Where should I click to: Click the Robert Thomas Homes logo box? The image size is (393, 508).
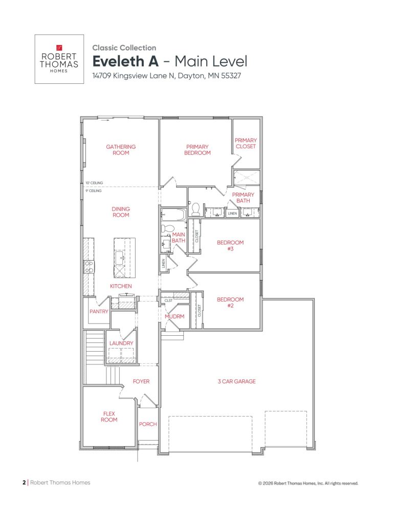click(59, 59)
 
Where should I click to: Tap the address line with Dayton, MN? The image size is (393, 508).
click(166, 76)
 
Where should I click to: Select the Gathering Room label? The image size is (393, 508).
click(121, 150)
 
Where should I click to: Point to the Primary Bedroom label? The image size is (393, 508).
click(198, 150)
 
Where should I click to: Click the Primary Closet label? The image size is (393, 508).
click(246, 143)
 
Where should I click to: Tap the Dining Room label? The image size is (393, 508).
click(121, 212)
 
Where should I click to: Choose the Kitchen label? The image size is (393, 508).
click(121, 286)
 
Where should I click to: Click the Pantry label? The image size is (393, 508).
click(99, 311)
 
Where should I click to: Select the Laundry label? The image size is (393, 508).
click(121, 343)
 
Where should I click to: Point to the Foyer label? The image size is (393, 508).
click(141, 381)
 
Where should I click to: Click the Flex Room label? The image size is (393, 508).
click(109, 417)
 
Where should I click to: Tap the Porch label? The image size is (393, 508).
click(148, 424)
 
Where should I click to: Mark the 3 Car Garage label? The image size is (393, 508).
click(236, 381)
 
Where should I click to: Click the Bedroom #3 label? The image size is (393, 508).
click(230, 246)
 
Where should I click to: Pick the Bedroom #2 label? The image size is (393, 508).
click(230, 303)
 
